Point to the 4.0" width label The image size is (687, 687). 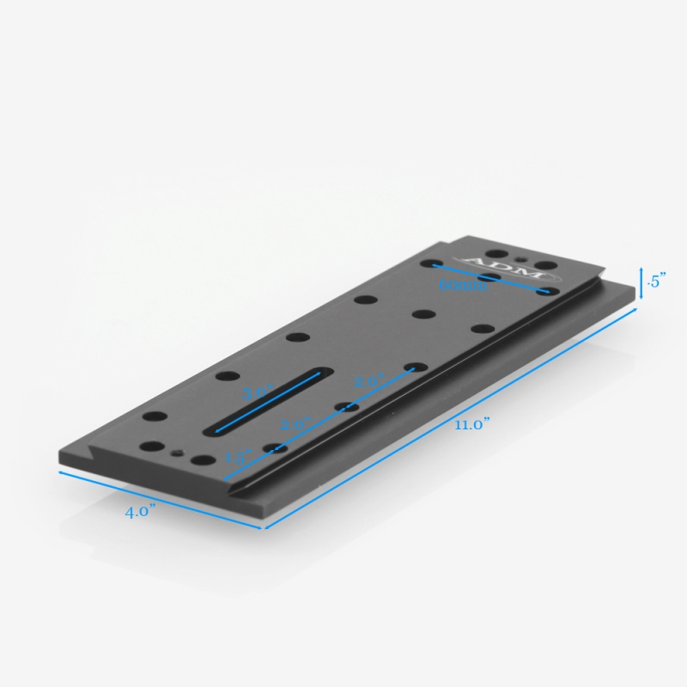(x=139, y=512)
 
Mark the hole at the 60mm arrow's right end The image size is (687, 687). (x=544, y=292)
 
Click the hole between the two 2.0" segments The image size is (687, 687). (x=346, y=405)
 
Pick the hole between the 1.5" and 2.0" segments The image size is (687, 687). (x=276, y=447)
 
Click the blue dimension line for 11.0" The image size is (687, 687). (x=452, y=417)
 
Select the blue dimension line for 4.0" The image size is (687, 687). (x=161, y=499)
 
